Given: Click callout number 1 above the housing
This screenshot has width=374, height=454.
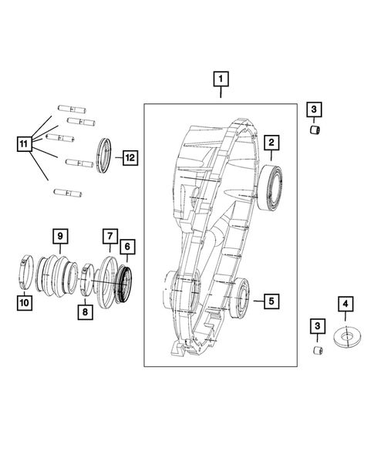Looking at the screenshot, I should click(221, 79).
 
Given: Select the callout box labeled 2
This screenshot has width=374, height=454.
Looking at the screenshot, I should click(272, 142).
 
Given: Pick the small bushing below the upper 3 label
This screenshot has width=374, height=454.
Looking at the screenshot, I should click(315, 130).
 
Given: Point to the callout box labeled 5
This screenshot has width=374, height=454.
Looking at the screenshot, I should click(271, 300).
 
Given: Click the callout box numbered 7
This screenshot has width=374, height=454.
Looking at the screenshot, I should click(110, 234).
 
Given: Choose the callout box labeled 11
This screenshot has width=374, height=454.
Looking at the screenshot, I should click(25, 143).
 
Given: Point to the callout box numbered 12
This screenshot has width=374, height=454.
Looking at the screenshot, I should click(130, 156).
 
